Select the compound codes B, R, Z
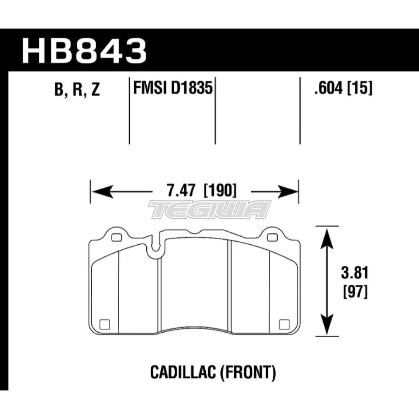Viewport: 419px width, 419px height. [x=77, y=90]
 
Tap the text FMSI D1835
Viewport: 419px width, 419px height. [x=172, y=89]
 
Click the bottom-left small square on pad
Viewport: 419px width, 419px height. [x=105, y=323]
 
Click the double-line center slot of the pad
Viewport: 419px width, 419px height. [x=230, y=289]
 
